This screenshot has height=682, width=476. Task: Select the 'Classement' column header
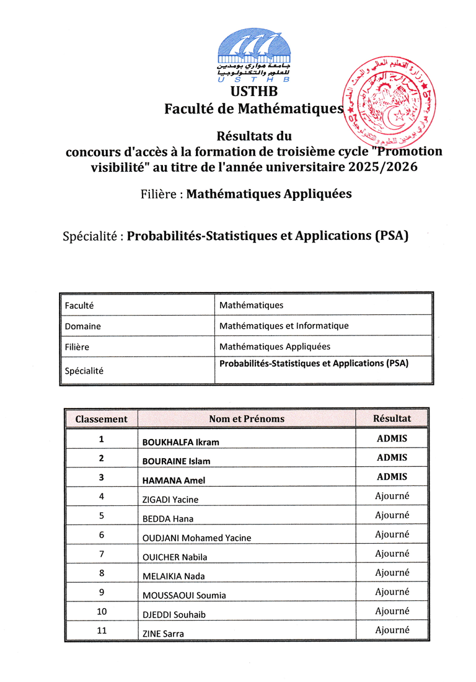[x=101, y=418]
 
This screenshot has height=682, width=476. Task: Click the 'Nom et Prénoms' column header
[x=247, y=418]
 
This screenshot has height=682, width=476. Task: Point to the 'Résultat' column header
[x=392, y=418]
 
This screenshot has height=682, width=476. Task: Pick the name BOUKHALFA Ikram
[x=181, y=442]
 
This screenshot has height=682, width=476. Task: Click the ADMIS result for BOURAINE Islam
[x=392, y=457]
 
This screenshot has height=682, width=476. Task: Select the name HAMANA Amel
[x=174, y=480]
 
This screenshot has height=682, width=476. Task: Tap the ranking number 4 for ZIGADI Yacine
[x=101, y=496]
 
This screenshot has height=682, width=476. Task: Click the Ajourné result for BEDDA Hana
[x=392, y=515]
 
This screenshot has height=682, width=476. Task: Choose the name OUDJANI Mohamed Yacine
[x=197, y=538]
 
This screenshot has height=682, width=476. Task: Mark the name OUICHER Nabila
[x=175, y=557]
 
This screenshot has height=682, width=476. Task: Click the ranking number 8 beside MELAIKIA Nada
[x=101, y=573]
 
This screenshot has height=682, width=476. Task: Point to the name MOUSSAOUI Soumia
[x=184, y=595]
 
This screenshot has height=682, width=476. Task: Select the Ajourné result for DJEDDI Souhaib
[x=392, y=611]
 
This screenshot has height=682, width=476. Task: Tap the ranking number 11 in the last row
[x=101, y=630]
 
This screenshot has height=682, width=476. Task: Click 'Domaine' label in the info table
[x=82, y=326]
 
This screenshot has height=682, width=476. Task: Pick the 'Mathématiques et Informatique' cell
[x=284, y=325]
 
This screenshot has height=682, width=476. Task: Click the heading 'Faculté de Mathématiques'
[x=253, y=109]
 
